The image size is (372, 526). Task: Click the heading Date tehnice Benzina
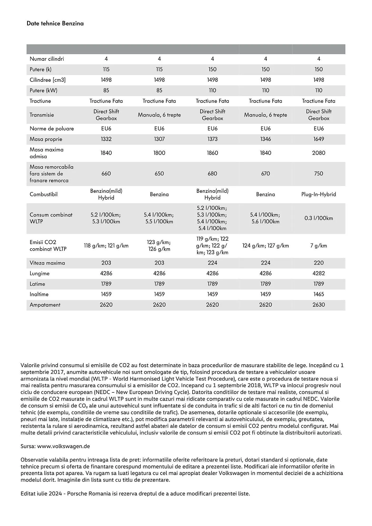point(55,23)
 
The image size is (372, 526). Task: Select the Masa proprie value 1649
point(319,139)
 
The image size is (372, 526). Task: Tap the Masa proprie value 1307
point(159,139)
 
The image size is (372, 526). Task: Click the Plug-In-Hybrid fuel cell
point(319,194)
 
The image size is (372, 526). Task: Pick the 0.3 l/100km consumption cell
point(319,218)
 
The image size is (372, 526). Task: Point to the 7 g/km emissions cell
point(319,246)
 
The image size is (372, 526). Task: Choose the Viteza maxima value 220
point(319,263)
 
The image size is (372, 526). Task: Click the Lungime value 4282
point(319,273)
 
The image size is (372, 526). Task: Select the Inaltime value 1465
point(319,294)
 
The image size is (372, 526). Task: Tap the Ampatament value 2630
point(319,305)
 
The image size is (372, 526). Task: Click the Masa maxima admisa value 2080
point(319,153)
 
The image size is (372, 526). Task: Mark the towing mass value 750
point(319,174)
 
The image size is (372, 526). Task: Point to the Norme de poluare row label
point(52,129)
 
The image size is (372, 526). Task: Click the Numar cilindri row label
point(47,59)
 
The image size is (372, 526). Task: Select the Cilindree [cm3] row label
point(48,80)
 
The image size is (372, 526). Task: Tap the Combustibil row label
point(44,194)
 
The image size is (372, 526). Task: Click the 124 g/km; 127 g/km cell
point(265,246)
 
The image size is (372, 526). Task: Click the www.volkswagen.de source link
point(63,446)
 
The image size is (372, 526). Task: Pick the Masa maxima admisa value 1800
point(159,153)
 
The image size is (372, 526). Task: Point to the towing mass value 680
point(212,174)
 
